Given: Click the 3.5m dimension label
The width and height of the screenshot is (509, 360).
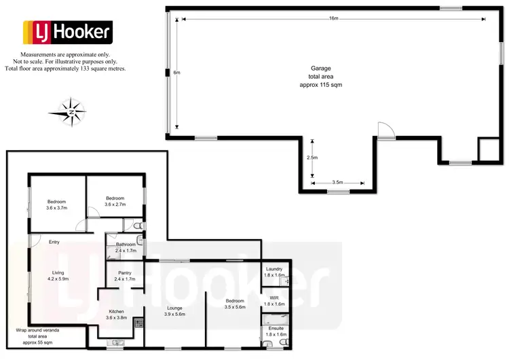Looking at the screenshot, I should (338, 182).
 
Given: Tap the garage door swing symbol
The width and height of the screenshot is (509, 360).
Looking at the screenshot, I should (384, 130).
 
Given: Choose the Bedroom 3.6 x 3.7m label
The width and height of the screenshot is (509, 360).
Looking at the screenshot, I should (56, 204).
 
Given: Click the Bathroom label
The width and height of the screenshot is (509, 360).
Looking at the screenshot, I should (126, 247).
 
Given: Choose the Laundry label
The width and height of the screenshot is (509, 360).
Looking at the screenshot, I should (274, 271).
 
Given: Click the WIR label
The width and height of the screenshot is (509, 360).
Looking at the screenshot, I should (274, 300).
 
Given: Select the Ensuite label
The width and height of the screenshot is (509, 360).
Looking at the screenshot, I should (276, 331).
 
